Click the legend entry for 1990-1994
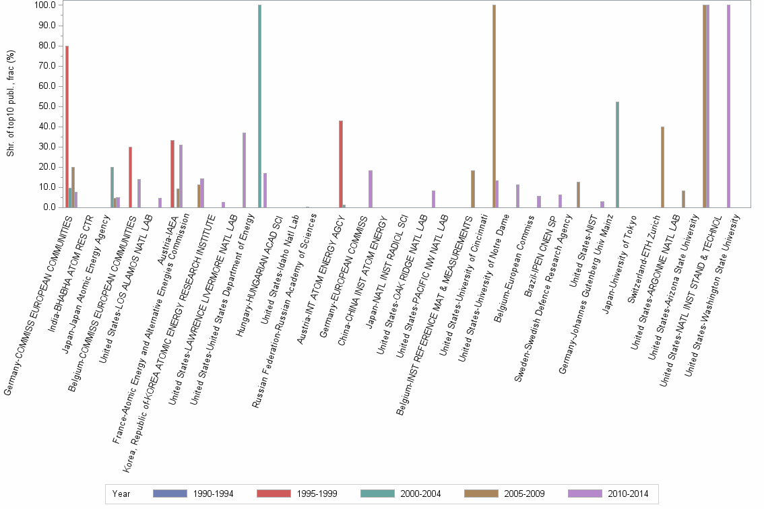point(193,494)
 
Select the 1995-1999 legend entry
point(297,494)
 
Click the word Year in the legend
point(122,494)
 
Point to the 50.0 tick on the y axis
point(48,106)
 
